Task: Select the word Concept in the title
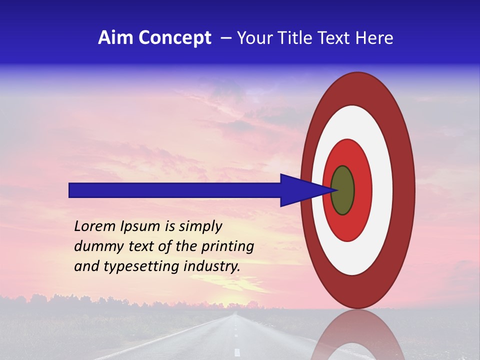click(174, 38)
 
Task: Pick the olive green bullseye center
click(342, 190)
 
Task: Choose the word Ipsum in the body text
click(144, 227)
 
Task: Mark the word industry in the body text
click(211, 266)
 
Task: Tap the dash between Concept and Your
click(225, 38)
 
